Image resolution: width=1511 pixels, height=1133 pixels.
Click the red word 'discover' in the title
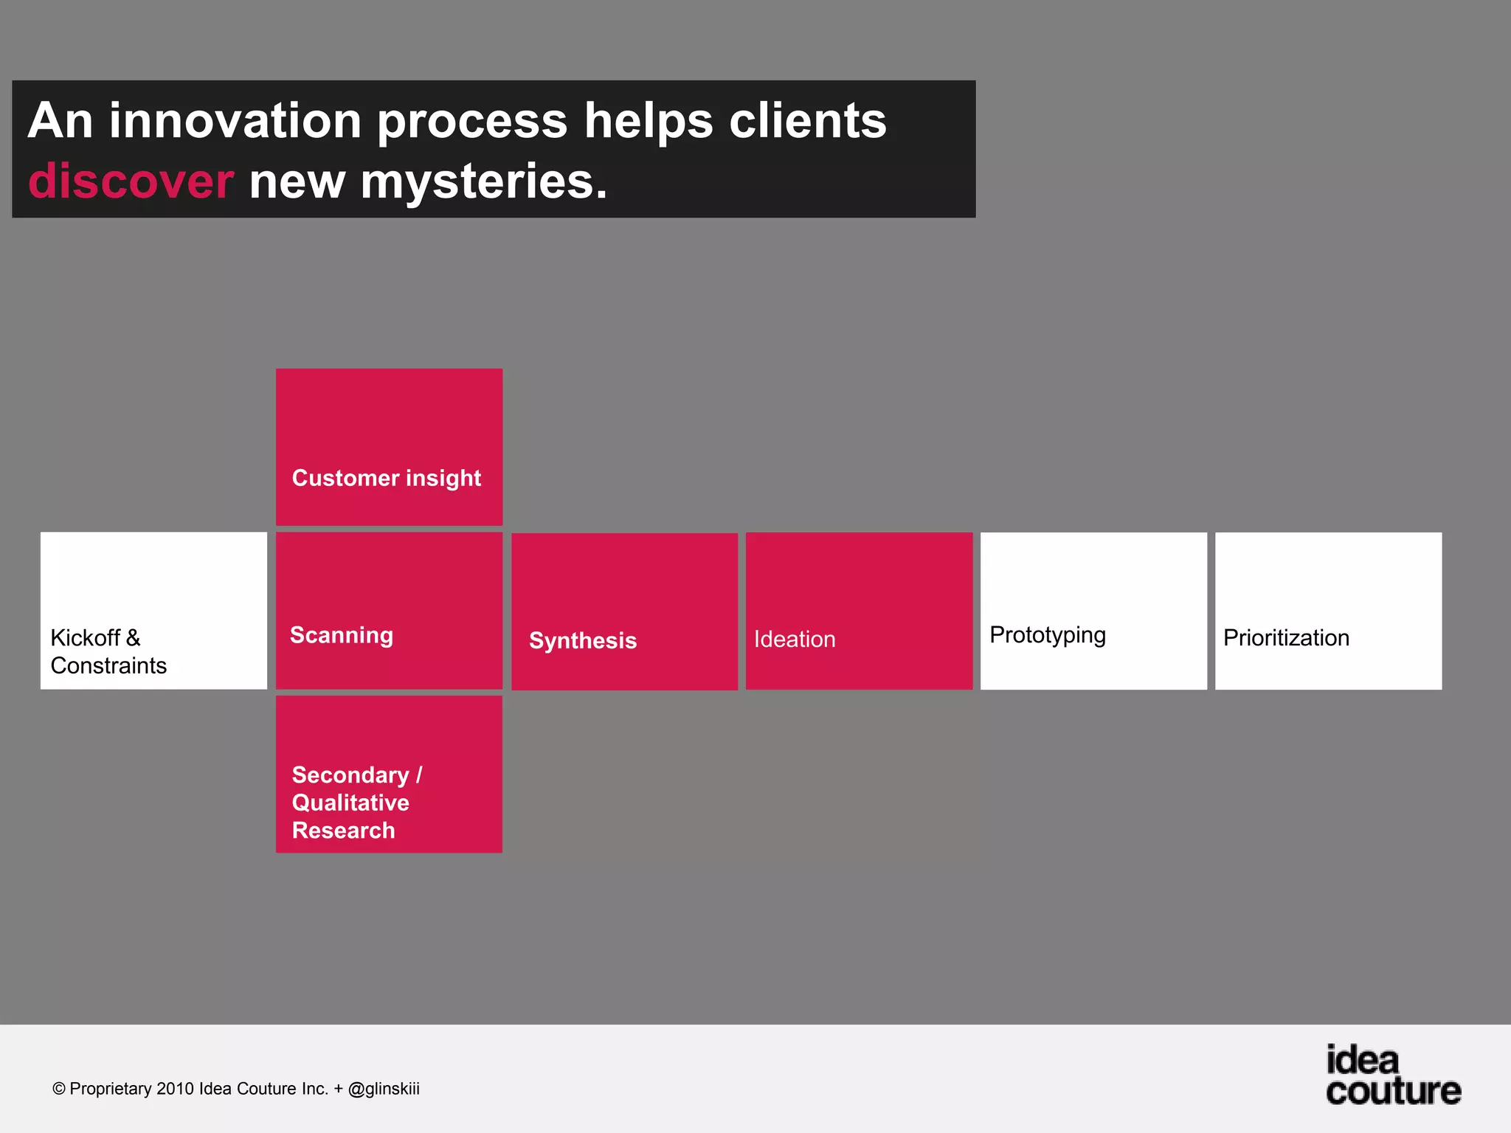click(131, 181)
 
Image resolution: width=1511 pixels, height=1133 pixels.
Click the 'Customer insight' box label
click(386, 478)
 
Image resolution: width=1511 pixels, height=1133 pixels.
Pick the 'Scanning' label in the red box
click(341, 635)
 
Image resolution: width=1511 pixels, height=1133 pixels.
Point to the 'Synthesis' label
click(582, 640)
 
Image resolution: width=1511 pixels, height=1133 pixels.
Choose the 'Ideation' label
click(794, 639)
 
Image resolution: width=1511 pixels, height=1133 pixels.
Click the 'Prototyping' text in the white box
click(1047, 635)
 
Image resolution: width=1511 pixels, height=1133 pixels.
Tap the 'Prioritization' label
click(1285, 637)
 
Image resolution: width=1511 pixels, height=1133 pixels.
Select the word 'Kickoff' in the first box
click(85, 637)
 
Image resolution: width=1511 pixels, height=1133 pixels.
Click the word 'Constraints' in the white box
click(108, 665)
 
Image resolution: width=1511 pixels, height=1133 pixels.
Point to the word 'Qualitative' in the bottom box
click(350, 803)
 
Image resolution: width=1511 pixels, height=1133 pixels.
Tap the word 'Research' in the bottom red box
click(343, 831)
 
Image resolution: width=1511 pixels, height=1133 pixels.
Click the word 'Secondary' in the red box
click(350, 775)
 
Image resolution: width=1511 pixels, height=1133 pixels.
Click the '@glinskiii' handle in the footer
click(384, 1089)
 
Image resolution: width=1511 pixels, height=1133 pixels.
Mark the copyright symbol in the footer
click(59, 1089)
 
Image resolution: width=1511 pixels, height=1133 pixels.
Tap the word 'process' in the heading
click(472, 122)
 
